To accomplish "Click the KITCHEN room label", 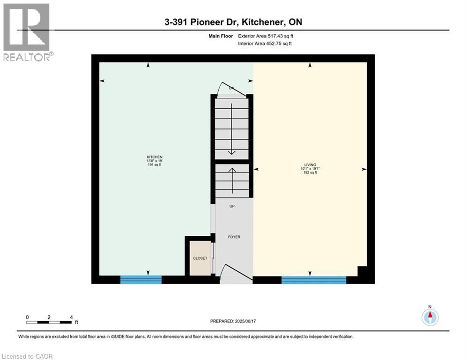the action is [155, 157].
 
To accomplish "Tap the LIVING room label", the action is [310, 165].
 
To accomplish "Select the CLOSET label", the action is [200, 258].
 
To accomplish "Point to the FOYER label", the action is [234, 237].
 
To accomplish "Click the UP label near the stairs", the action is [232, 206].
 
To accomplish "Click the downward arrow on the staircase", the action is [231, 128].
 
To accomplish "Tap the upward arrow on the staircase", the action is [232, 181].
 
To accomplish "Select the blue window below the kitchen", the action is [141, 280].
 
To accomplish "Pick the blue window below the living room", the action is [314, 280].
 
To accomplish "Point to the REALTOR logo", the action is [27, 32].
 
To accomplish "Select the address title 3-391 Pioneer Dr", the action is [233, 22].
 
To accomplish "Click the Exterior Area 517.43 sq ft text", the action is [266, 36].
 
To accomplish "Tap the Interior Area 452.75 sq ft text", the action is [265, 44].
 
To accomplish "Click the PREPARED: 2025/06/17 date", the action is [233, 321].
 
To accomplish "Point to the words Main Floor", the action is [221, 36].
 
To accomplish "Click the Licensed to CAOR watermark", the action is [27, 356].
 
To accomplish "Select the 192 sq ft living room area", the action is [310, 172].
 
